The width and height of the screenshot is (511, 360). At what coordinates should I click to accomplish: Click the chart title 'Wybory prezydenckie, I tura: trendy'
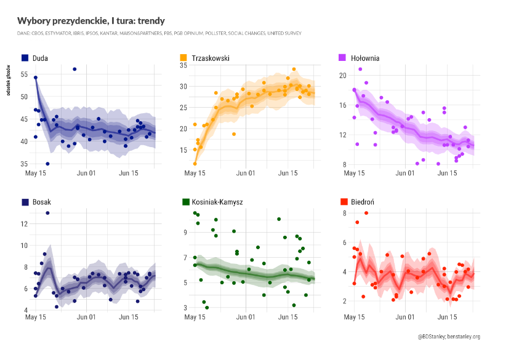pos(91,21)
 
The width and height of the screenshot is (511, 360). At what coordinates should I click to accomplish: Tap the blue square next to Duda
pos(25,58)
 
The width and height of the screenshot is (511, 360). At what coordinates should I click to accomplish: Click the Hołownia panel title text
pos(365,58)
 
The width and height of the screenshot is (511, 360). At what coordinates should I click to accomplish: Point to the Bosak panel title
pos(42,202)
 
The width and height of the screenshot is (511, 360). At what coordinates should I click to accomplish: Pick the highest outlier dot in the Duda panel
pos(74,69)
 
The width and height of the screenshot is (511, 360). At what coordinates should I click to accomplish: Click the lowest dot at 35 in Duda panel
pos(47,164)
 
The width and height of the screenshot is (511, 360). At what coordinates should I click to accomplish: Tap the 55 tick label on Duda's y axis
pos(25,74)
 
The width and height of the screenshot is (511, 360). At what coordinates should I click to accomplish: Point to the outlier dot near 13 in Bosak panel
pos(47,213)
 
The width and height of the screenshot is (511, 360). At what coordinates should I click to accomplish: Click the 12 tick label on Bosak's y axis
pos(25,224)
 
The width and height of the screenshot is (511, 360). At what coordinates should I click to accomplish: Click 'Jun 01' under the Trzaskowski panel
pos(246,174)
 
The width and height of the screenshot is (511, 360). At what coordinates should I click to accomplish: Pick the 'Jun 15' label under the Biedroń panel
pos(447,318)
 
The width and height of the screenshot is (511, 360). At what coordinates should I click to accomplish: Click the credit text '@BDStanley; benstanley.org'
pos(448,337)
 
